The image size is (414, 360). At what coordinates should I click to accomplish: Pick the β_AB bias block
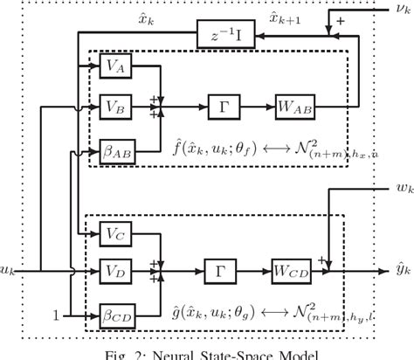(114, 149)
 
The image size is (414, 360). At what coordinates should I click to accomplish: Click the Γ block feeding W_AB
(219, 107)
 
